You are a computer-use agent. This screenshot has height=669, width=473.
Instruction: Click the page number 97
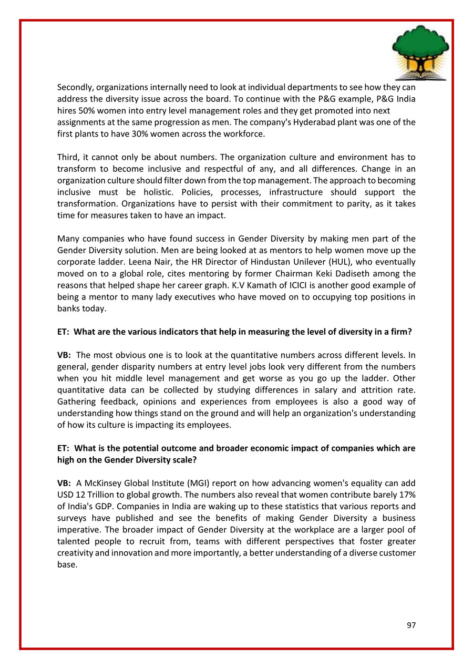point(411,625)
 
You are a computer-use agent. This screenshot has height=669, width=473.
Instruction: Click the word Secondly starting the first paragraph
point(74,87)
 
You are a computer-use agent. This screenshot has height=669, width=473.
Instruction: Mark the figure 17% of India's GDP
point(407,494)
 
